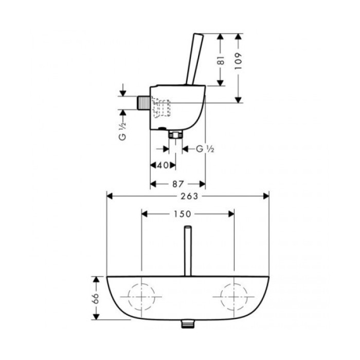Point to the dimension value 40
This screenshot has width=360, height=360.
[x=163, y=165]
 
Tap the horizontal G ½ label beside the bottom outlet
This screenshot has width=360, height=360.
[x=204, y=149]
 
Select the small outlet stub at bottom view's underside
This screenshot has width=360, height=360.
[x=188, y=325]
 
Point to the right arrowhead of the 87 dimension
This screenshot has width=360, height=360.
[x=203, y=183]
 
